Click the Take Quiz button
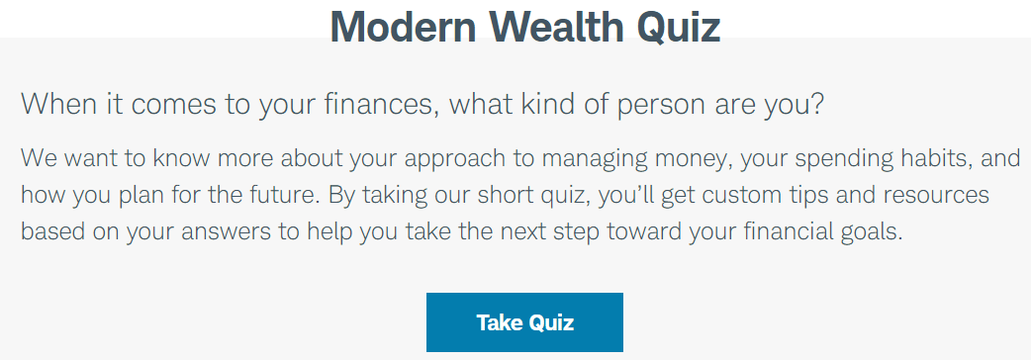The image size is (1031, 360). [524, 322]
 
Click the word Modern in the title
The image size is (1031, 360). [403, 27]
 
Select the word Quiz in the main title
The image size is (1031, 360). [678, 29]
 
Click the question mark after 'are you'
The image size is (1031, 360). [816, 105]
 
